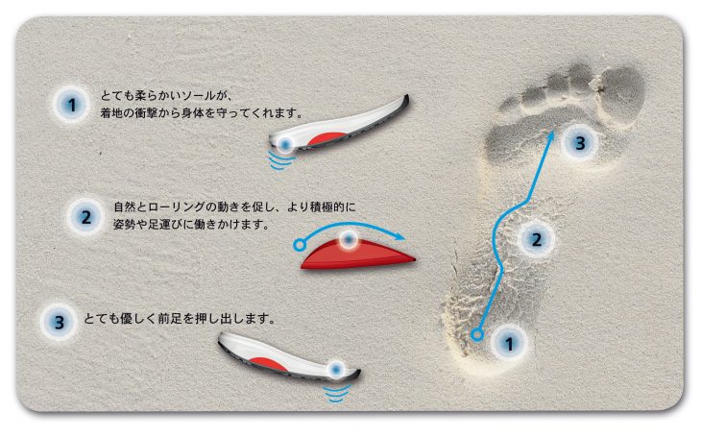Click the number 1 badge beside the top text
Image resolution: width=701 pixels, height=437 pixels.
tap(71, 105)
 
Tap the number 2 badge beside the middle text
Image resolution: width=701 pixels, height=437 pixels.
tap(85, 217)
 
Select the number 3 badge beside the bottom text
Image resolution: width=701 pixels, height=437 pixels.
tap(59, 323)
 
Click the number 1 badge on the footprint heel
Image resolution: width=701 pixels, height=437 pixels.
tap(509, 344)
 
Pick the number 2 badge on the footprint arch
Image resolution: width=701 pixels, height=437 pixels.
tap(536, 240)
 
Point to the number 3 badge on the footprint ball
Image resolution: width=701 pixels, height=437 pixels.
tap(580, 143)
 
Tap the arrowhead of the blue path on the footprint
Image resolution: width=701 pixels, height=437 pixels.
tap(552, 134)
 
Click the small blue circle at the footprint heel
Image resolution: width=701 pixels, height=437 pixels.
tap(477, 334)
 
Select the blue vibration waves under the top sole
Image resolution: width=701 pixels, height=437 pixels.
tap(281, 160)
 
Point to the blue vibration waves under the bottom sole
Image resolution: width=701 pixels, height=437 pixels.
tap(336, 393)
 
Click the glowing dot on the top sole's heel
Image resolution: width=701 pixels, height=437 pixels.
tap(285, 144)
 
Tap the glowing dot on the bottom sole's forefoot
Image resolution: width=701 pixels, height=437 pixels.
tap(336, 370)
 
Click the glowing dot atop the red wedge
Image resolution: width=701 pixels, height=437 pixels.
tap(349, 240)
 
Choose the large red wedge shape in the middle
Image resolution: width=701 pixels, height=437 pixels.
tap(357, 255)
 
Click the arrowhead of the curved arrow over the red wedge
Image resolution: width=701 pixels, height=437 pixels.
tap(399, 237)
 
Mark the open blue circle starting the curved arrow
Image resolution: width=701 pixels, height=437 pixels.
tap(299, 245)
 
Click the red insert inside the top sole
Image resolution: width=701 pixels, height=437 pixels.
tap(326, 138)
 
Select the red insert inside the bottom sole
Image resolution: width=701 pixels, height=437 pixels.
tap(268, 364)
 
